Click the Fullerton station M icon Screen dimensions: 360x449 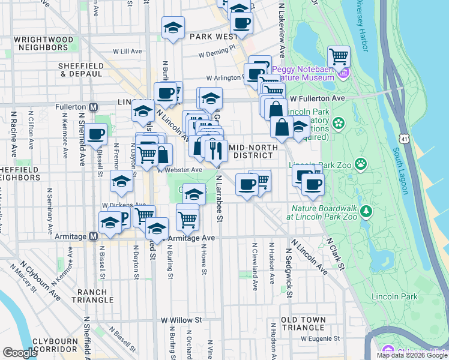click(x=93, y=107)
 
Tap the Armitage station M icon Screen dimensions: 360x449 click(x=93, y=237)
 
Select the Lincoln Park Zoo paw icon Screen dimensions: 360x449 click(x=361, y=164)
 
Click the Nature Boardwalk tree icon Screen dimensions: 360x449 click(x=366, y=212)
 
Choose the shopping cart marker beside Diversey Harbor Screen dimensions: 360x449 click(x=339, y=56)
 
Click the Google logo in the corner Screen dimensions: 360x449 click(x=20, y=352)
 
